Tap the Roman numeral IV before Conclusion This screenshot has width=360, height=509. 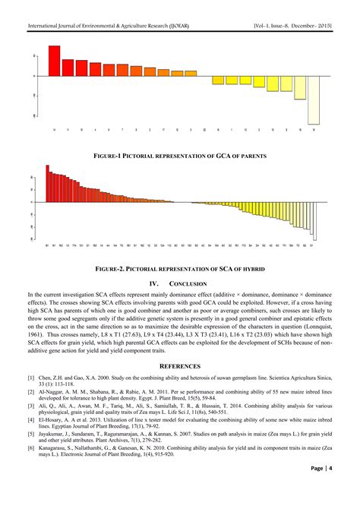pos(153,283)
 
